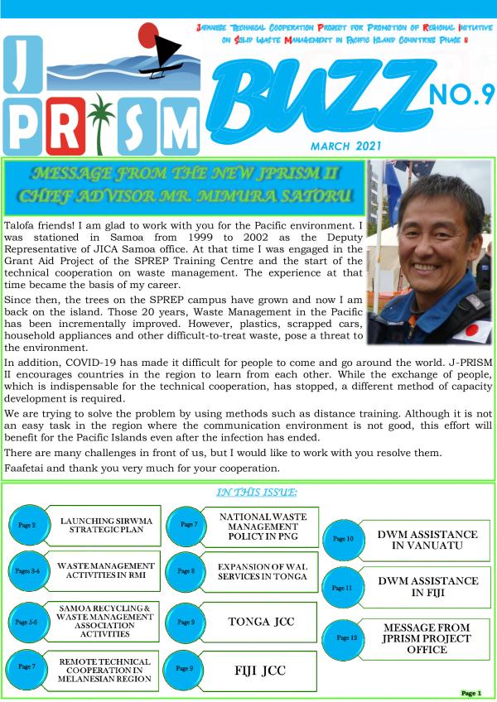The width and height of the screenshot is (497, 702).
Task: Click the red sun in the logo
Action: coord(148,36)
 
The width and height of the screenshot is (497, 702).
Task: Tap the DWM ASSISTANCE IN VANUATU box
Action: coord(416,540)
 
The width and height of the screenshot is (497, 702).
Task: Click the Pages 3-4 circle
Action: coord(26,571)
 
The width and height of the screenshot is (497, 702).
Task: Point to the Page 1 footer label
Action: coord(468,692)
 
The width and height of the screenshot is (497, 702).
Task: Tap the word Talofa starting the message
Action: coord(23,225)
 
